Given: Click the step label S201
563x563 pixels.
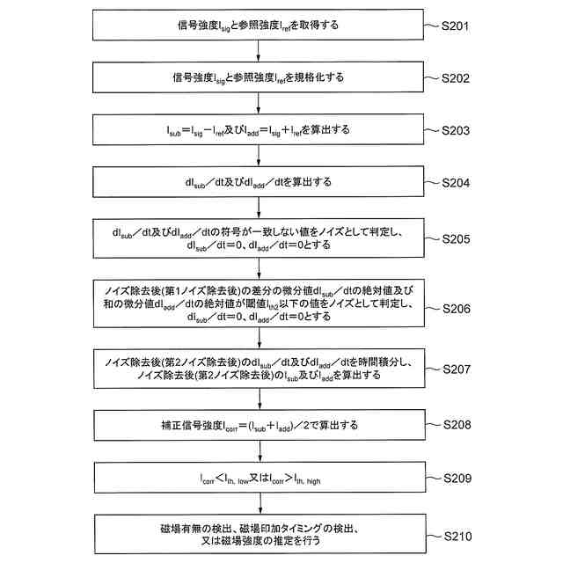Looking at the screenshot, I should pos(461,26).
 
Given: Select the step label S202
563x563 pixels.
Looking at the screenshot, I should pos(461,77).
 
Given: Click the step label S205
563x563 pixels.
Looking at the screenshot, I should pos(461,238).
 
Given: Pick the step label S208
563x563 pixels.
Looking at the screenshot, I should pos(461,425).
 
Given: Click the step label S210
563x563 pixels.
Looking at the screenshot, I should pos(461,535).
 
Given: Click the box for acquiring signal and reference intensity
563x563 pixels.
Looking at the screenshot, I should pos(258,26).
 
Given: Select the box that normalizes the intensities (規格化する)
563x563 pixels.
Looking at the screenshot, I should pos(258,77).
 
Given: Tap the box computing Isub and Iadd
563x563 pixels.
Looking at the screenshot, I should pos(258,129).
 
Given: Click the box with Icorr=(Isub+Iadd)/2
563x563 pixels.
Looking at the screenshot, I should pos(258,425).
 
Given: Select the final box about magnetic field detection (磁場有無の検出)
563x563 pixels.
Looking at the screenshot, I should pos(258,535).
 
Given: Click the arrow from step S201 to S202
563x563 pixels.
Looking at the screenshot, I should pos(258,51).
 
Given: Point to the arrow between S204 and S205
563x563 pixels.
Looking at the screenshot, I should pos(258,208).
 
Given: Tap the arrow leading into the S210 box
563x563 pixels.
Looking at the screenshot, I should pos(258,505).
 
